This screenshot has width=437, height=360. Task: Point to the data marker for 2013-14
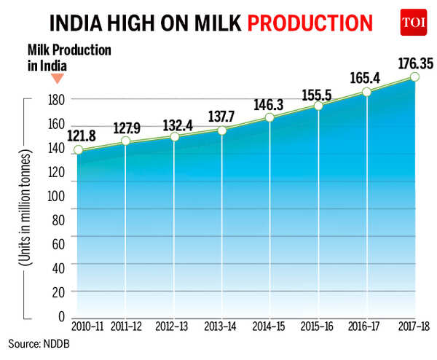point(222,130)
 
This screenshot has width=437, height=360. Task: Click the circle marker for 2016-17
point(366,93)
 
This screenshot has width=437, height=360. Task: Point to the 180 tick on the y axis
point(56,99)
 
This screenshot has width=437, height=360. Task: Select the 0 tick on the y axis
point(62,316)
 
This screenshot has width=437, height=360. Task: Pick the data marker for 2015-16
point(318,106)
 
